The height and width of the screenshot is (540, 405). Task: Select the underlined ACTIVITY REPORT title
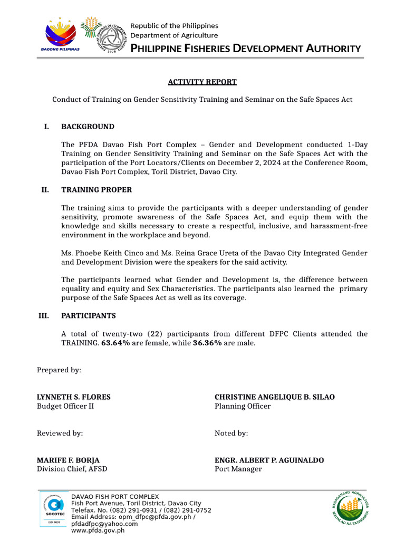click(202, 82)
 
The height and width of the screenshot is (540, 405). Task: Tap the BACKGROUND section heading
click(88, 127)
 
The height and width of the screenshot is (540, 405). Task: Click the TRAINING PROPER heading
click(97, 190)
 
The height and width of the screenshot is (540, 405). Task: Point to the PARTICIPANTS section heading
click(89, 316)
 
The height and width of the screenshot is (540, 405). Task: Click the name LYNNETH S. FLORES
click(73, 397)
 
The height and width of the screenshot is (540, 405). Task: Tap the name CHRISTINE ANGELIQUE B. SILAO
click(274, 397)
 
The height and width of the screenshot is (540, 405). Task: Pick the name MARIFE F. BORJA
click(68, 460)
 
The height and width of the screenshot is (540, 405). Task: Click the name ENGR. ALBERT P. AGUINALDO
click(269, 460)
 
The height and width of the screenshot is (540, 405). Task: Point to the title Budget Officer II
click(65, 407)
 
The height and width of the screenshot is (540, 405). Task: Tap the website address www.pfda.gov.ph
click(98, 531)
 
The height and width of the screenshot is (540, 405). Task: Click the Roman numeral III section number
click(44, 316)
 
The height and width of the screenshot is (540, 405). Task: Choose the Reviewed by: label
click(60, 433)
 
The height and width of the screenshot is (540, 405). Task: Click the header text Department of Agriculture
click(174, 35)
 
